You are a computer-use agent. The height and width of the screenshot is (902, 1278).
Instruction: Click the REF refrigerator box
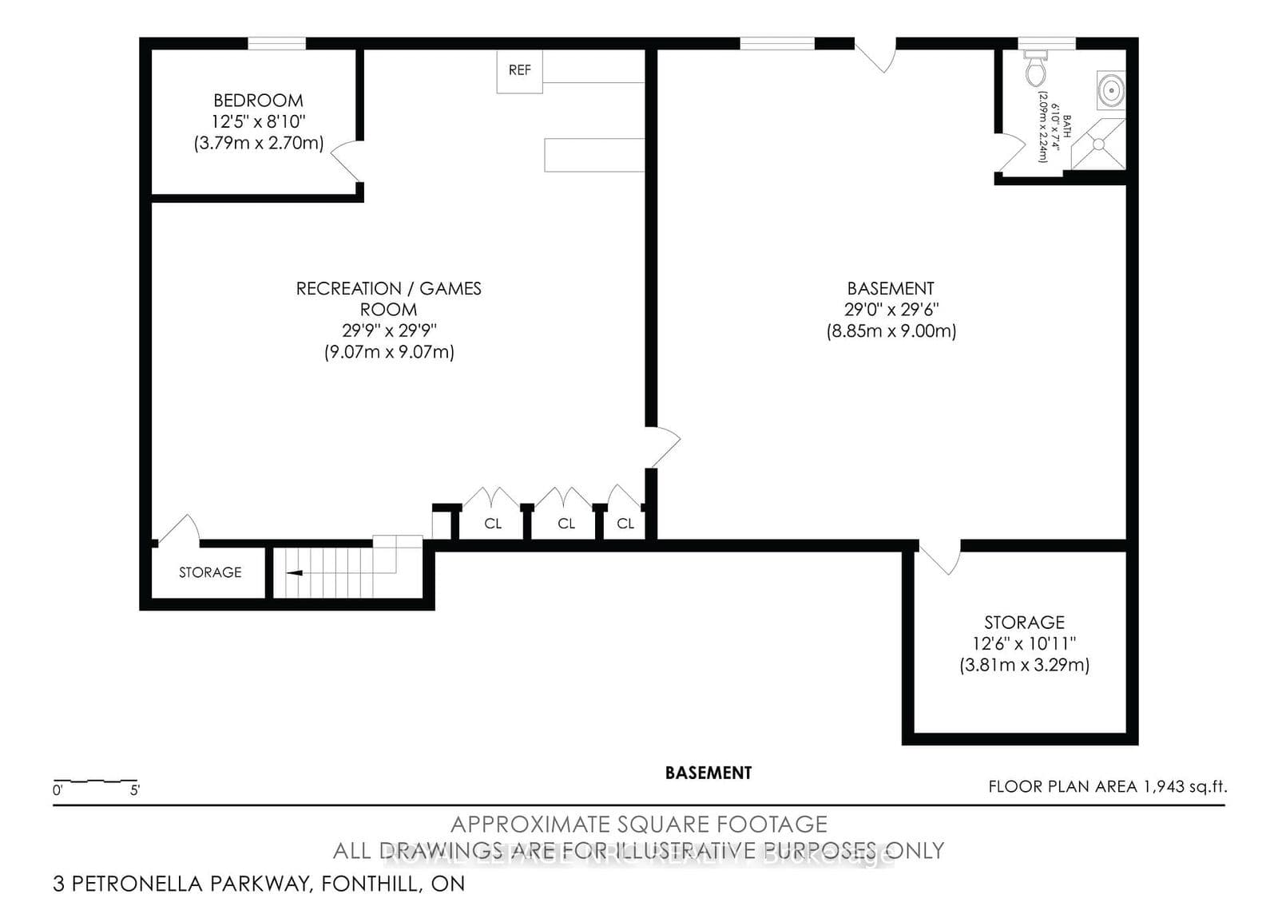519,71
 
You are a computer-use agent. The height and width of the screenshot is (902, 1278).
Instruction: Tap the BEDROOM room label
258,101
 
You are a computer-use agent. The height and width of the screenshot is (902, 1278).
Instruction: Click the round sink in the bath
1110,89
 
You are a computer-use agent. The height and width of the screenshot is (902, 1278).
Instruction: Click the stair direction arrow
294,572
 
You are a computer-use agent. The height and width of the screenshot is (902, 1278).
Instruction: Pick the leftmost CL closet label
493,524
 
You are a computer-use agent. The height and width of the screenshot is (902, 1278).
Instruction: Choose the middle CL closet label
566,524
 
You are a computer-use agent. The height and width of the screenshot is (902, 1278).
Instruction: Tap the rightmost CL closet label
625,524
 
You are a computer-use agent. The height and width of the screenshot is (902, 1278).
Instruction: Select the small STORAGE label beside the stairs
210,572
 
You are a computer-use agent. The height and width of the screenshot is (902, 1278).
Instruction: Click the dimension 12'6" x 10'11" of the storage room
1024,643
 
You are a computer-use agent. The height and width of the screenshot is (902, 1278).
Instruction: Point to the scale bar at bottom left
96,781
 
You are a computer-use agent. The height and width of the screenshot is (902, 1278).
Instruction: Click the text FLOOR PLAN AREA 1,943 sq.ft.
1106,786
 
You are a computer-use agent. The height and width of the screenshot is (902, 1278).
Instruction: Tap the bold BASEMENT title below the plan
708,773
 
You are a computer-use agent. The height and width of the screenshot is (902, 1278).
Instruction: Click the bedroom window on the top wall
276,44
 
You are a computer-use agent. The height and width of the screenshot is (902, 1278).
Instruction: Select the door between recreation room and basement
663,447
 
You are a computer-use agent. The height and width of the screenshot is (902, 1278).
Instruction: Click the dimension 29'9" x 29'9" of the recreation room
389,330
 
